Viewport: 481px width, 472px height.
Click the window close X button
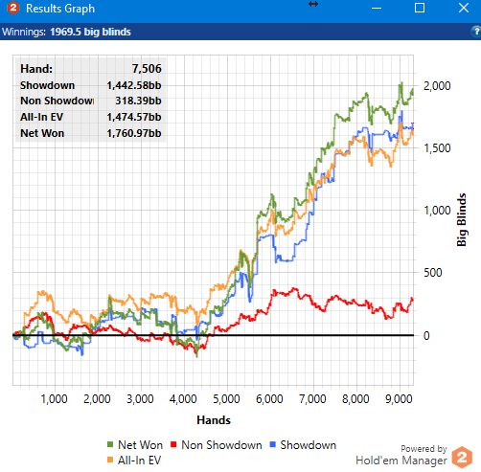click(x=464, y=8)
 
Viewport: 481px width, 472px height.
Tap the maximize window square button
click(x=420, y=8)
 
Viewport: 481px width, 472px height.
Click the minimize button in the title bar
click(x=377, y=8)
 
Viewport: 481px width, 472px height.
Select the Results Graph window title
click(x=60, y=9)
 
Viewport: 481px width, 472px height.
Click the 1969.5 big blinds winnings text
click(x=90, y=32)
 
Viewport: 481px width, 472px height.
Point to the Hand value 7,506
click(x=147, y=69)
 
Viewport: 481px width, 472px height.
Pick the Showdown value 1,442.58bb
click(x=134, y=85)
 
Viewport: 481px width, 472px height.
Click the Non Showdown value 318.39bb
click(x=138, y=101)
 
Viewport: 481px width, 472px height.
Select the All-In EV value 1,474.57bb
click(x=134, y=117)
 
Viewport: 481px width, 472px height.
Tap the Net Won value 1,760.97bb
click(x=134, y=133)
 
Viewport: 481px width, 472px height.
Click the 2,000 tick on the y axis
click(x=437, y=86)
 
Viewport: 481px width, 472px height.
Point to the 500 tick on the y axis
click(x=432, y=273)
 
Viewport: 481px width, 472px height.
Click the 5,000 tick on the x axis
click(x=226, y=399)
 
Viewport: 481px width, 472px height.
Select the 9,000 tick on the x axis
click(x=399, y=399)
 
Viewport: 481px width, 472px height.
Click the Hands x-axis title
click(x=214, y=420)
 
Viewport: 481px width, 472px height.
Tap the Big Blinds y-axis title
click(x=462, y=219)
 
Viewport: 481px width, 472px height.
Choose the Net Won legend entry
click(x=135, y=445)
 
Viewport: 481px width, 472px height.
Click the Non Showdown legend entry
click(x=217, y=445)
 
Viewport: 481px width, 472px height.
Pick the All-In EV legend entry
click(x=134, y=461)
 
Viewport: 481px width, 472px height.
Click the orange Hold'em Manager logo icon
click(x=462, y=457)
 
